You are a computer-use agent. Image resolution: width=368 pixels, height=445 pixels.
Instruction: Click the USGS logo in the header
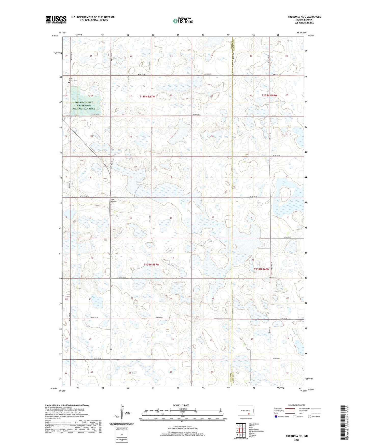click(56, 19)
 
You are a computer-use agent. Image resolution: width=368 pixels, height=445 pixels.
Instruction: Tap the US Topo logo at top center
click(183, 21)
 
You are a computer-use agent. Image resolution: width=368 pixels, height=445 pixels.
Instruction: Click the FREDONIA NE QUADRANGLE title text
click(304, 17)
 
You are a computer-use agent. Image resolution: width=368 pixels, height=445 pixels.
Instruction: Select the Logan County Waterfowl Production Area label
click(84, 106)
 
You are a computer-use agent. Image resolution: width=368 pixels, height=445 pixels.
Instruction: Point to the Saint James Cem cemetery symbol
click(69, 82)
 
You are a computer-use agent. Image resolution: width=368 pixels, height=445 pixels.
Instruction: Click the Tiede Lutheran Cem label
click(114, 201)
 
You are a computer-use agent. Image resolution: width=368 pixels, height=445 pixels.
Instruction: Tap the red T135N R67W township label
click(147, 97)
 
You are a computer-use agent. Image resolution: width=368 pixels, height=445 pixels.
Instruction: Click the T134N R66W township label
click(262, 269)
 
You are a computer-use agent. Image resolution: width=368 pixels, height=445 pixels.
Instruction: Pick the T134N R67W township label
click(151, 265)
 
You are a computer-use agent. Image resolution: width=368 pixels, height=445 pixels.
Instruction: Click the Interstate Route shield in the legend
click(276, 416)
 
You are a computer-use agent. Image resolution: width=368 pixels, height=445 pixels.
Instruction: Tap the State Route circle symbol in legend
click(309, 416)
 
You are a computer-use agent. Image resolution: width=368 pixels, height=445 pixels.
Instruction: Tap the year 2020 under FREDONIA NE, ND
click(297, 440)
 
